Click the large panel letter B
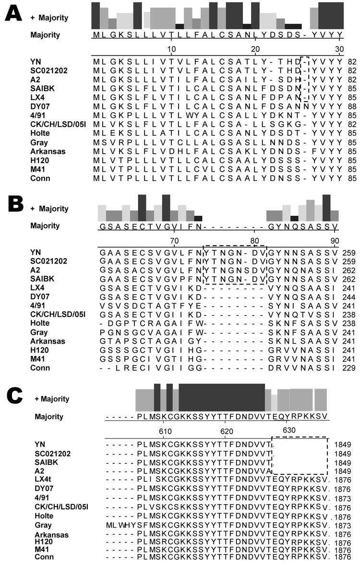click(x=15, y=208)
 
